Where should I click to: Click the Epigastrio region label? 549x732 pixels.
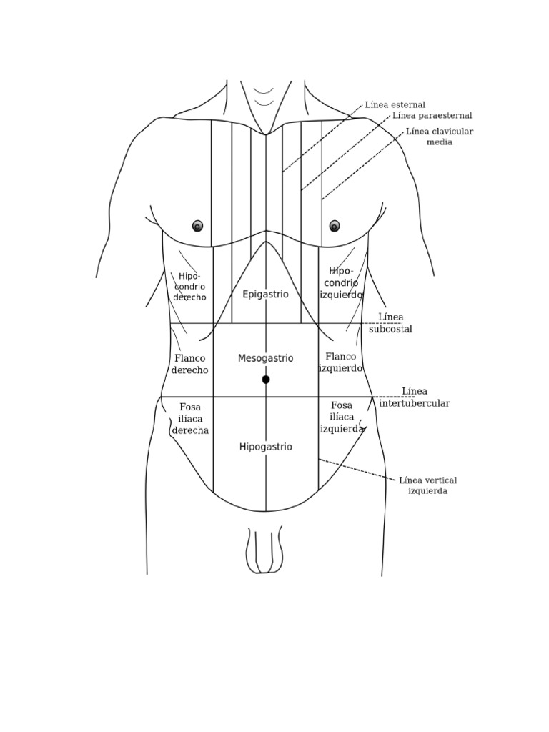coord(265,294)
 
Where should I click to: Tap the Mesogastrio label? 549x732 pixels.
coord(265,357)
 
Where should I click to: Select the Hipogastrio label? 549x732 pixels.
coord(265,447)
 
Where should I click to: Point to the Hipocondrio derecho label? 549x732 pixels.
coord(190,287)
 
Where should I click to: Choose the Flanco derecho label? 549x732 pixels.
coord(190,364)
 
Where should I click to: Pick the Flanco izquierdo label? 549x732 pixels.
coord(341,362)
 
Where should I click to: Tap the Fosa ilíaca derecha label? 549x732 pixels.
coord(190,418)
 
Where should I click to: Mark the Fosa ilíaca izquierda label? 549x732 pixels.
coord(342,417)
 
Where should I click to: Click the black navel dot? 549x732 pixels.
coord(266,380)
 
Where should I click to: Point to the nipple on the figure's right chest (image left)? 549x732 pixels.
coord(198,226)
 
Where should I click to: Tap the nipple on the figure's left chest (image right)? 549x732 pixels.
coord(335,226)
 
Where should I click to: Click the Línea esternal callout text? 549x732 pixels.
coord(395,105)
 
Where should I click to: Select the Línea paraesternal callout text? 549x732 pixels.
coord(432,115)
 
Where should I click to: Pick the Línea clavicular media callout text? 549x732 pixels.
coord(440,137)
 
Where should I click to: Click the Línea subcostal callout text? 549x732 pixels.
coord(390,323)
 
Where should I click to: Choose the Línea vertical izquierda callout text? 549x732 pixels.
coord(428,485)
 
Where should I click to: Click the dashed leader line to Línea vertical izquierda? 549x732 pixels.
coord(357,470)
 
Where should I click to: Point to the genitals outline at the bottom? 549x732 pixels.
coord(265,551)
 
